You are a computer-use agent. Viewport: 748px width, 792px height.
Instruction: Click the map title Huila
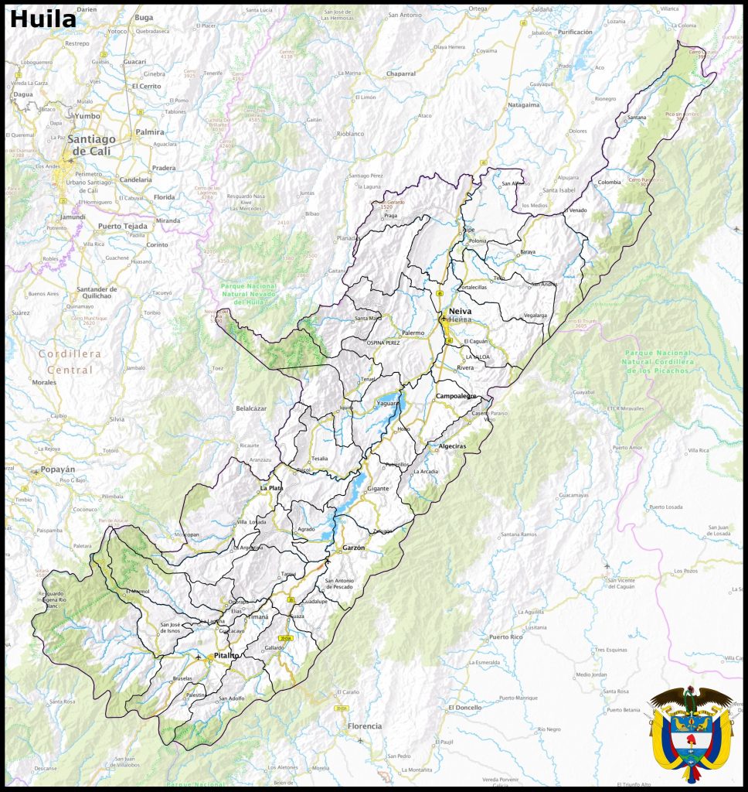[43, 19]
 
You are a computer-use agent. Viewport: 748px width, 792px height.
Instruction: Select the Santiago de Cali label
[91, 145]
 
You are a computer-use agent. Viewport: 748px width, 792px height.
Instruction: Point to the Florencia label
[365, 726]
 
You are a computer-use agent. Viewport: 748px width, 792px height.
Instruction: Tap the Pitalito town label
[221, 655]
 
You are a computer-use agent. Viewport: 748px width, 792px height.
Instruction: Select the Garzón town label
[352, 547]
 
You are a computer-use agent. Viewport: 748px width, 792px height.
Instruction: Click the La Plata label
[271, 488]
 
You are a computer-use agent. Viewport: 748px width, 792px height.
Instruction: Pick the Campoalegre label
[457, 396]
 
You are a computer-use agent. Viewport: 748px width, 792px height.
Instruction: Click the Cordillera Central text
[70, 361]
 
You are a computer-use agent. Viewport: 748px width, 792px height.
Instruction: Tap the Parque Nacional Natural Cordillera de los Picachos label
[658, 361]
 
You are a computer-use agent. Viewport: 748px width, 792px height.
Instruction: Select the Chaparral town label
[400, 74]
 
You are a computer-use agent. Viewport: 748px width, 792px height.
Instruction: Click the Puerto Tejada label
[122, 226]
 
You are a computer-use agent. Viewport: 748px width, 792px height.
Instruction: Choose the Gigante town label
[378, 489]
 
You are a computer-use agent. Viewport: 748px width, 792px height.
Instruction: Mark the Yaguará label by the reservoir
[387, 403]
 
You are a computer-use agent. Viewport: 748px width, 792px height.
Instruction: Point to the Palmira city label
[150, 131]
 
